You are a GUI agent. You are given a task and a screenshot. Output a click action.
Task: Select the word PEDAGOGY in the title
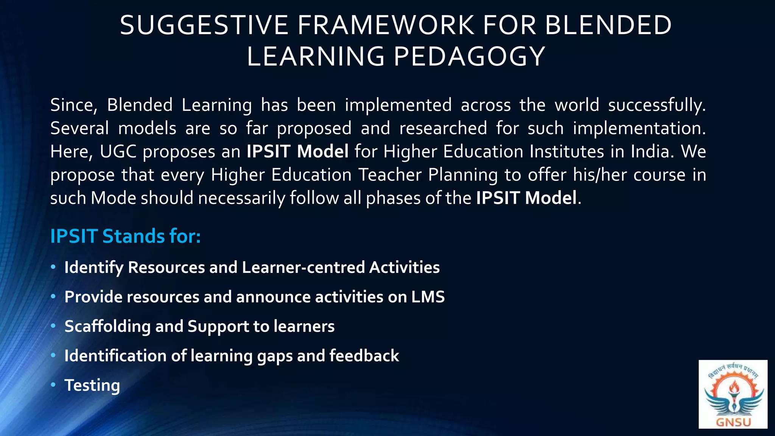point(469,57)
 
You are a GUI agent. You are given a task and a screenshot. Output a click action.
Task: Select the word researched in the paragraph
point(443,128)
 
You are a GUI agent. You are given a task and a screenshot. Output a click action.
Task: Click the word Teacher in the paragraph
point(390,175)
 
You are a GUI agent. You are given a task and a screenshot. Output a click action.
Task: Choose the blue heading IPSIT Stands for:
point(125,236)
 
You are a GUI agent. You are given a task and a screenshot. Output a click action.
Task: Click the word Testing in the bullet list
point(92,385)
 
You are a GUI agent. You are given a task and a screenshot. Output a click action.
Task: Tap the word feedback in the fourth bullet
point(364,356)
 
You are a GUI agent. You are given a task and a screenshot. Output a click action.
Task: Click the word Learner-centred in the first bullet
point(303,267)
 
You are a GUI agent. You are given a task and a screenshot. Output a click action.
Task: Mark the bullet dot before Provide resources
point(53,297)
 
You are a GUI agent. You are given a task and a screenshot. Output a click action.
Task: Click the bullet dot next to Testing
point(53,385)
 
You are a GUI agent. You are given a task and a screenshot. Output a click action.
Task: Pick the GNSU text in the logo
point(733,422)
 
